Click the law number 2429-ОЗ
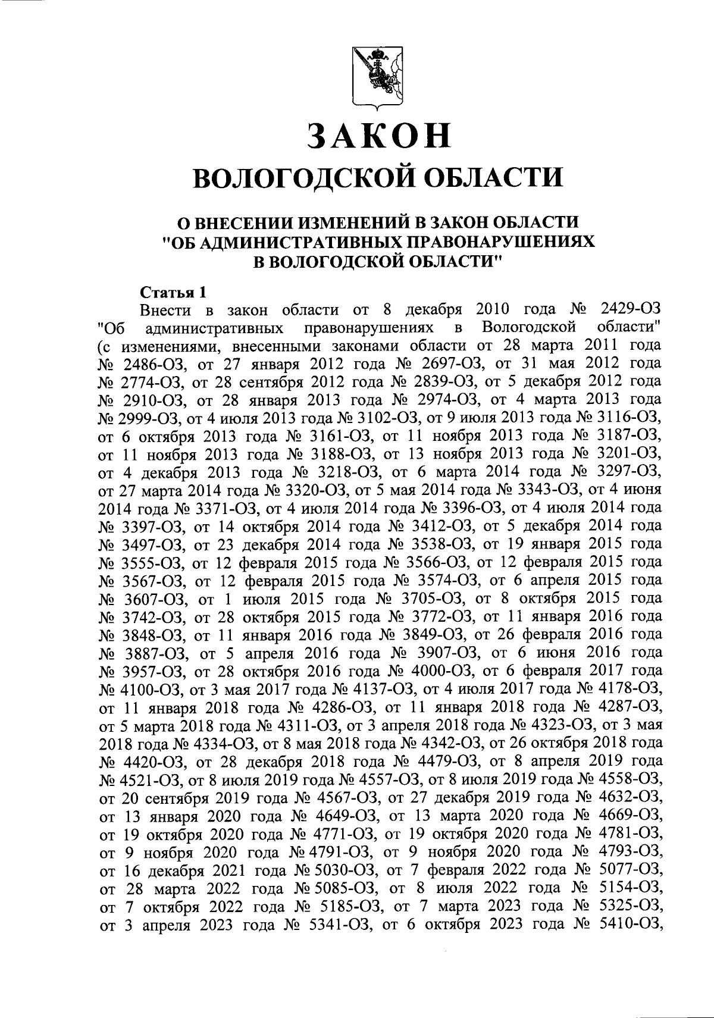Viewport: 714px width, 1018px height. point(631,310)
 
